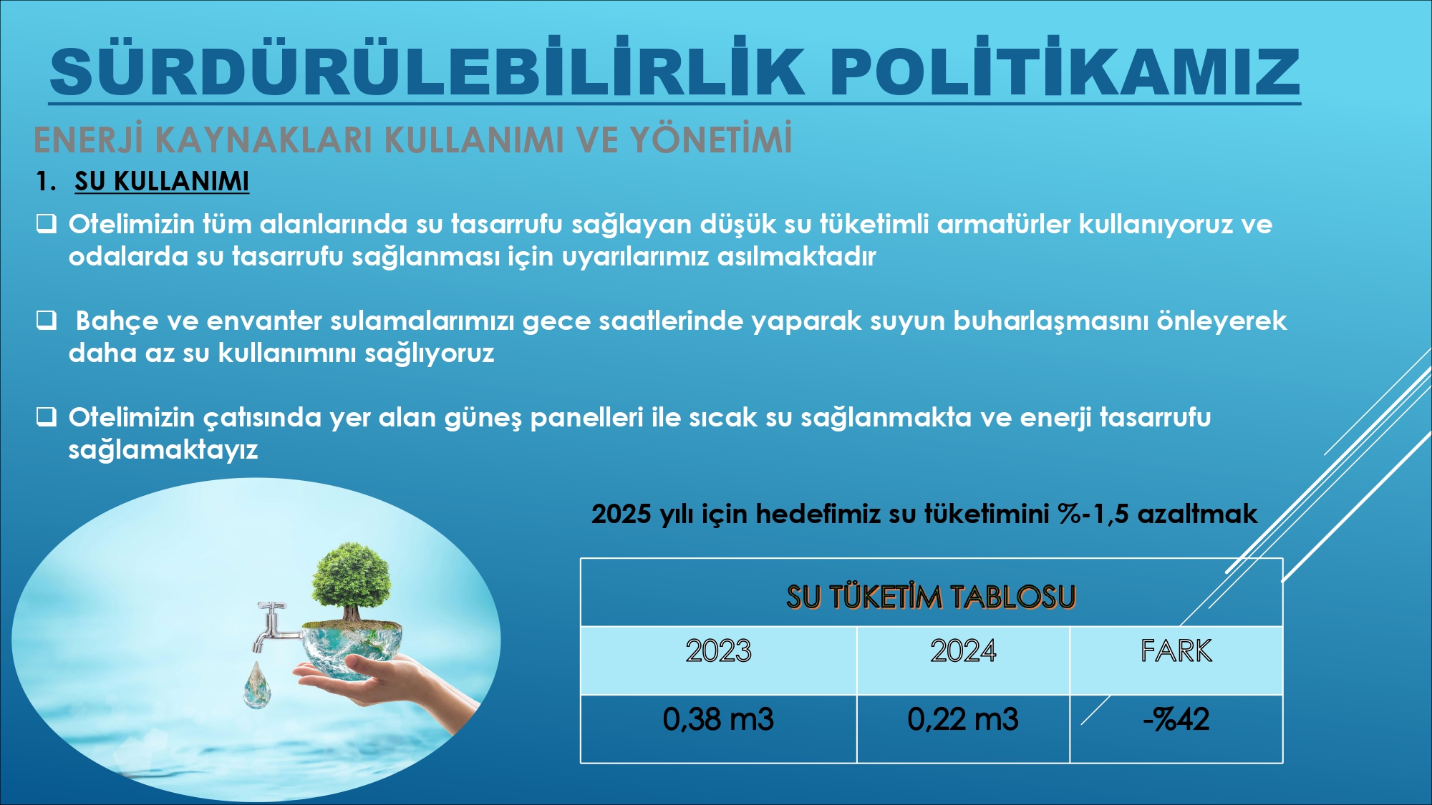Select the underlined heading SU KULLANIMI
[x=162, y=181]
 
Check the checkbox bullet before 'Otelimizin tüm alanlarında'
[x=47, y=224]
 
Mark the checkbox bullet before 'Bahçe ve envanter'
[x=47, y=320]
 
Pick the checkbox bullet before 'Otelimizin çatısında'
[x=47, y=416]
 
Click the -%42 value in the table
[x=1176, y=719]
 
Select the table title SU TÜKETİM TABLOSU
[x=931, y=597]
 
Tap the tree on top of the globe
[x=352, y=580]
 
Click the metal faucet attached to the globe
[x=275, y=627]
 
